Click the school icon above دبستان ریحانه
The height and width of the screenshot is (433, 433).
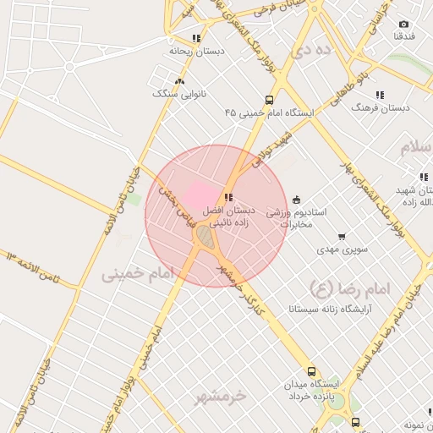point(196,38)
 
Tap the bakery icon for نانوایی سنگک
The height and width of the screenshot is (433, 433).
point(178,81)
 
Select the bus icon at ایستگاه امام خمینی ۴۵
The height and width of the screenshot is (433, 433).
point(269,99)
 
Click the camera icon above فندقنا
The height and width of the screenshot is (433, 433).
point(403,25)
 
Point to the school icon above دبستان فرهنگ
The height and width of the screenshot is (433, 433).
point(380,95)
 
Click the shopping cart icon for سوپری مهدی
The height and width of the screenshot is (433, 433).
point(341,237)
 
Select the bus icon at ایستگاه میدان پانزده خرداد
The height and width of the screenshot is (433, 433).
point(312,370)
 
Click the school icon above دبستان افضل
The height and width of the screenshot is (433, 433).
point(229,197)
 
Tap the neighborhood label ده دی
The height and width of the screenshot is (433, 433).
point(309,51)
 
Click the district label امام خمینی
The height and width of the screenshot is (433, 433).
point(136,274)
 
